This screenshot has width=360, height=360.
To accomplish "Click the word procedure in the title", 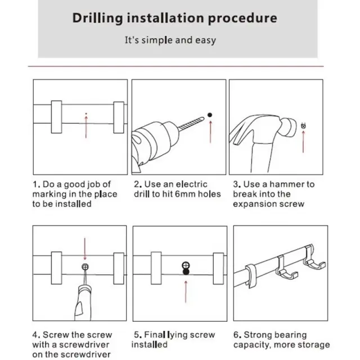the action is [x=242, y=19].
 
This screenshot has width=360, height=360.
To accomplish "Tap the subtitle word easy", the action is [x=205, y=40].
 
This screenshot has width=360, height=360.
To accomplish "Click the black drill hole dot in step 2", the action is [x=210, y=115].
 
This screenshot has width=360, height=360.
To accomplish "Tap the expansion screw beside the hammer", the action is [x=303, y=126].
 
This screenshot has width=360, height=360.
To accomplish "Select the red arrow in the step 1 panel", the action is [x=86, y=127].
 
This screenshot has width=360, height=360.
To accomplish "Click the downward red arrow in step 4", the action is [x=85, y=249].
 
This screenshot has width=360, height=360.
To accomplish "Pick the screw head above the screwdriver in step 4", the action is [x=85, y=267].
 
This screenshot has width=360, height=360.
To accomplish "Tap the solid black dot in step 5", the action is [x=186, y=272].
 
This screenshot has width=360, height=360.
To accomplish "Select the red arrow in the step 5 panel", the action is [x=186, y=291].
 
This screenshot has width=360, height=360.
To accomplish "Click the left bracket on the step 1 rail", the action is [x=56, y=117].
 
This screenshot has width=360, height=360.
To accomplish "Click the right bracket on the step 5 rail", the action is [x=218, y=269].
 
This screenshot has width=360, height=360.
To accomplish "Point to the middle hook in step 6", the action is [x=285, y=269].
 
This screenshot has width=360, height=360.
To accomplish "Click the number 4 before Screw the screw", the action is [x=35, y=335].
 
